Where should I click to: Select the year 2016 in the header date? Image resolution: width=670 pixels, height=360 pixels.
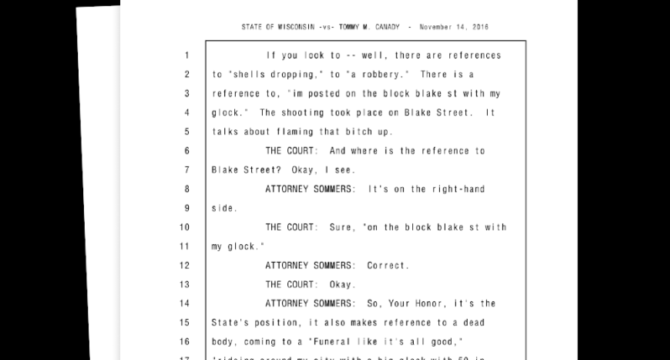tap(478, 28)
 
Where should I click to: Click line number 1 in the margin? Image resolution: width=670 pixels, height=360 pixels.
tap(186, 56)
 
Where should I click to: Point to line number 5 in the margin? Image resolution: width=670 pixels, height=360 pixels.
tap(186, 132)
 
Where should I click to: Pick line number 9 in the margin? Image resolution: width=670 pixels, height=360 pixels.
tap(186, 207)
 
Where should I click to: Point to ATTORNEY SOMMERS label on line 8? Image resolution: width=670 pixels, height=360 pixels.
tap(310, 189)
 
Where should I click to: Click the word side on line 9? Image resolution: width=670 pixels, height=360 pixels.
tap(222, 207)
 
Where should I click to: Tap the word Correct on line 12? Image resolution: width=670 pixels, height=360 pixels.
tap(388, 265)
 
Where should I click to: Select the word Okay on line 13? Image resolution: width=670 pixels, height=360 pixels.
tap(342, 284)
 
